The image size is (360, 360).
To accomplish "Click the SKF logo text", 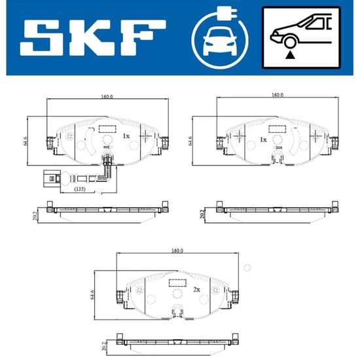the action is (x=93, y=38).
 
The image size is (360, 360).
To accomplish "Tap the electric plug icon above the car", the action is (x=227, y=14).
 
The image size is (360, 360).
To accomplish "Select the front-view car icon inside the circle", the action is (x=220, y=41).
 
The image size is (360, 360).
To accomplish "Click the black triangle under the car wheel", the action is (x=290, y=55).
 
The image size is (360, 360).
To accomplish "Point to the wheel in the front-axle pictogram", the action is (x=290, y=43).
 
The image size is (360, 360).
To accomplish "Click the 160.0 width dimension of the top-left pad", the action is (x=107, y=97).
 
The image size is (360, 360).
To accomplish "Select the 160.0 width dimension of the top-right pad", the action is (x=278, y=95).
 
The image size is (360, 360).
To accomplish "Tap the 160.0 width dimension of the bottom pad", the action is (x=177, y=251).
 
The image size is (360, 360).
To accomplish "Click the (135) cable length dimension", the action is (x=80, y=189).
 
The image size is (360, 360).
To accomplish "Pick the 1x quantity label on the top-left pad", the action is (x=126, y=136).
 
